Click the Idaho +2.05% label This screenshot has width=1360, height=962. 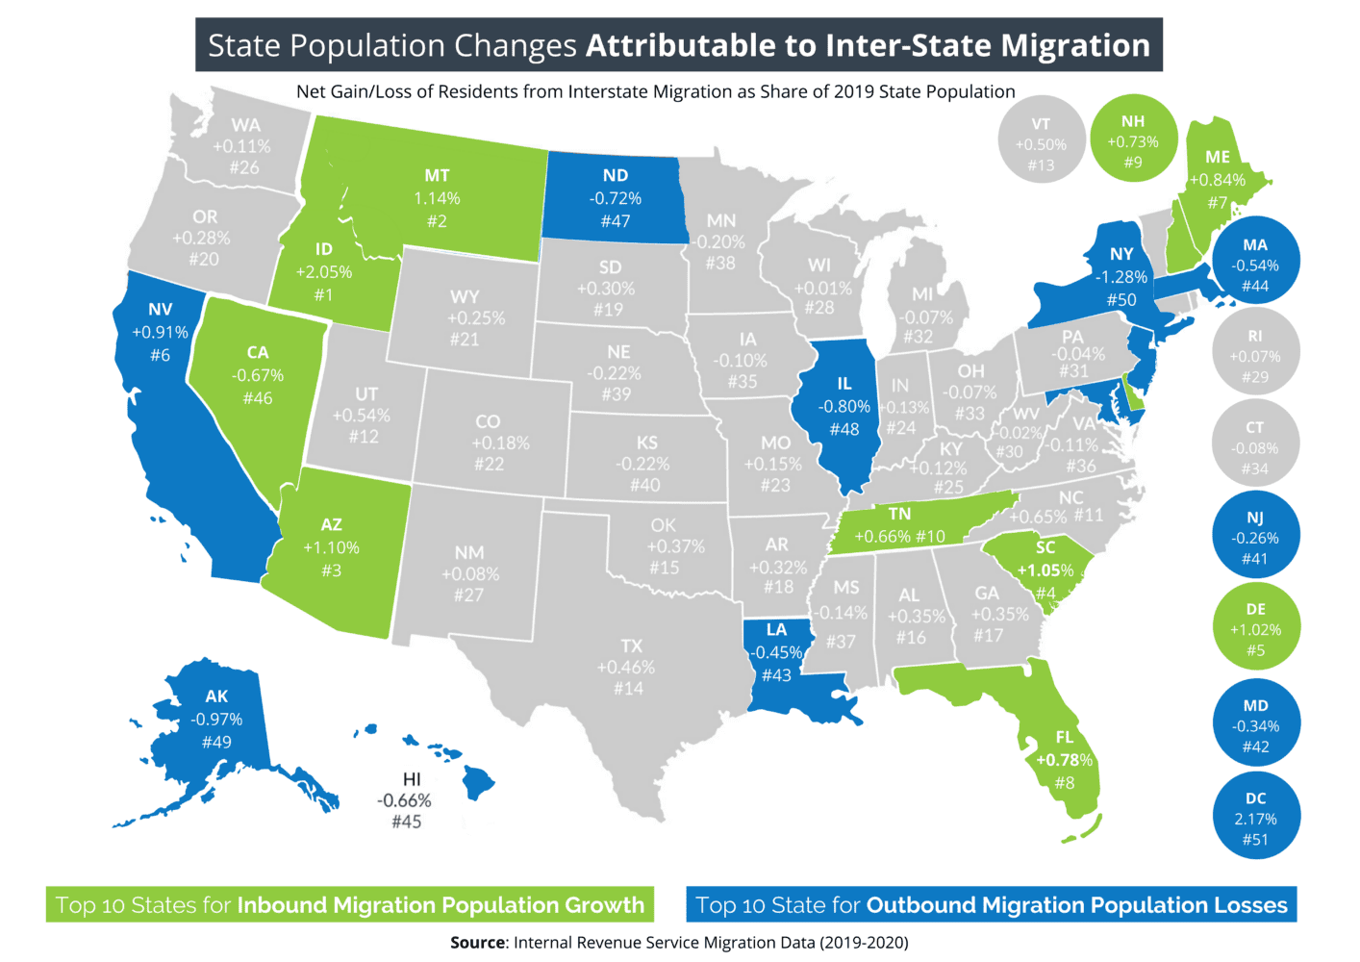[x=324, y=272]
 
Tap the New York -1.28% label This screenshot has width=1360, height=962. [x=1121, y=277]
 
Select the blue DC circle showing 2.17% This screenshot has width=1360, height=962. [x=1255, y=818]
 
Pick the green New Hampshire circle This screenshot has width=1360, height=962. [x=1133, y=141]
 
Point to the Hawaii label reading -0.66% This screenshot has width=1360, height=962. [x=405, y=800]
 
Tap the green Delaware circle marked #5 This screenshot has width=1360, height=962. [x=1255, y=630]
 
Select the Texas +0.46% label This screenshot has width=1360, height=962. [x=626, y=667]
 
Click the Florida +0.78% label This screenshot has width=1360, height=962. [x=1064, y=760]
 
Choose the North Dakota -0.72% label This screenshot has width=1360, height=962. [x=616, y=198]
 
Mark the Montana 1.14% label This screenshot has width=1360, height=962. [x=437, y=198]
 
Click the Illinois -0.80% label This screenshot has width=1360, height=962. [x=844, y=406]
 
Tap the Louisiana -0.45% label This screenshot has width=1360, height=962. [x=777, y=652]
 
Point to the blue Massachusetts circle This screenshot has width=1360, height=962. [x=1255, y=265]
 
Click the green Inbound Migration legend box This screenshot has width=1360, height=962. [x=350, y=905]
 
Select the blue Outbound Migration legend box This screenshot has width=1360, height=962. [x=991, y=905]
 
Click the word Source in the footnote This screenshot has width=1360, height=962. [x=478, y=943]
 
